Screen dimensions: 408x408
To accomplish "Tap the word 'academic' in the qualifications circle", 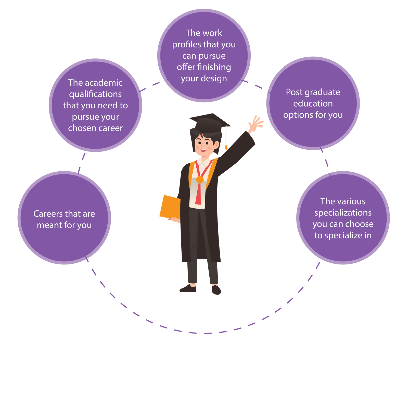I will (104, 83).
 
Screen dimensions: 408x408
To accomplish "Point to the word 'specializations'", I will (343, 213).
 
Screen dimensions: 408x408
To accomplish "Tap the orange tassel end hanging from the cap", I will (226, 147).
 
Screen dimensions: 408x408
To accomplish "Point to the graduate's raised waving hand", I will (256, 124).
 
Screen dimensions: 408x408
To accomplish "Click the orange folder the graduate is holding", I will (170, 207).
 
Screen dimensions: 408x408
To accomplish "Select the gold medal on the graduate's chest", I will (200, 180).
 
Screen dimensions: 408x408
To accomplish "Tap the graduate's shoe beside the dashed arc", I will (216, 290).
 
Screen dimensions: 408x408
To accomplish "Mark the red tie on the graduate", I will (198, 194).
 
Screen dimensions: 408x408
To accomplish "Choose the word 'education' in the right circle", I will (313, 104).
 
